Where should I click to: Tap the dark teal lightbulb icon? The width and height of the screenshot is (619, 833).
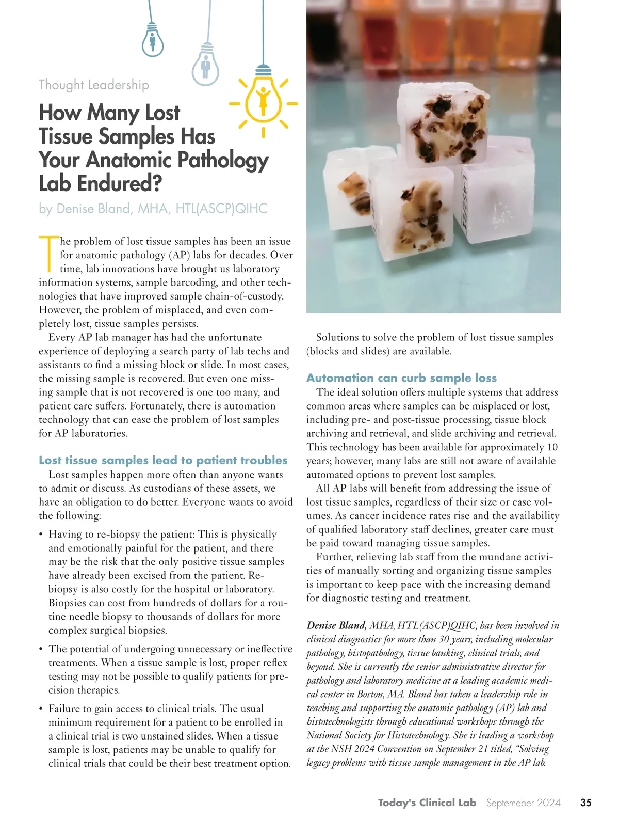(153, 39)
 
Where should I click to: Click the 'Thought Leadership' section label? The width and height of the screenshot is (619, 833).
(94, 85)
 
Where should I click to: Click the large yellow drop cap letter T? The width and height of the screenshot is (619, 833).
(48, 254)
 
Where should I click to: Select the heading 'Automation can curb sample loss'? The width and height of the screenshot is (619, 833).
(401, 378)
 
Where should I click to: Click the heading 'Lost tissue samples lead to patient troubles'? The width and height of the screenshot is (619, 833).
(163, 460)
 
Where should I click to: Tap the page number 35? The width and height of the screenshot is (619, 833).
(585, 803)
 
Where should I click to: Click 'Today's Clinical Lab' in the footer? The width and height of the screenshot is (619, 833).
(427, 803)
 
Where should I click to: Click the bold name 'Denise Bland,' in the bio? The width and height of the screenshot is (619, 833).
(336, 626)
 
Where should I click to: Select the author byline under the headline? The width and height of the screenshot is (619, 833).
(153, 209)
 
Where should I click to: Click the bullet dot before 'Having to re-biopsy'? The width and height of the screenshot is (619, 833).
(41, 535)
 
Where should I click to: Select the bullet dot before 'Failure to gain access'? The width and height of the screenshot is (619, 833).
(41, 709)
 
